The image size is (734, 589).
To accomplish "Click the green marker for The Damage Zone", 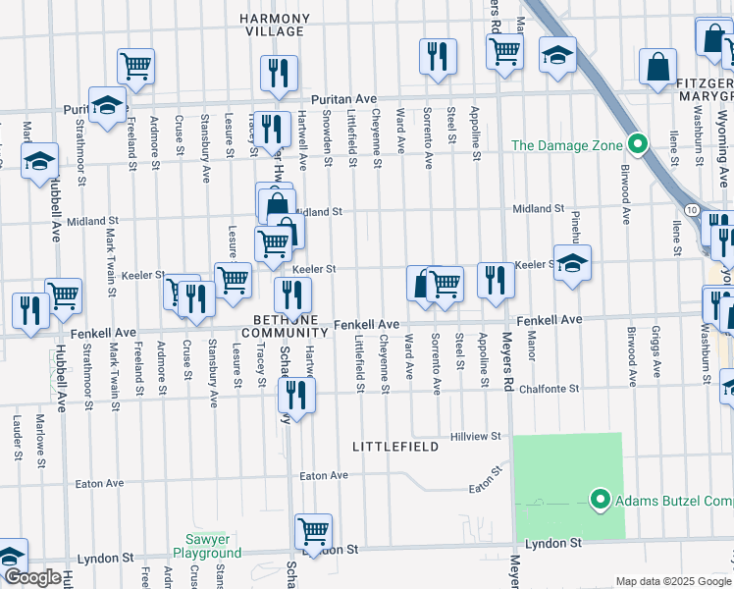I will [637, 146].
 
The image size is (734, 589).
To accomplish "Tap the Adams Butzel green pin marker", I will [601, 502].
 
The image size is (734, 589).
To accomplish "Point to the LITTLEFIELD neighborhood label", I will [393, 447].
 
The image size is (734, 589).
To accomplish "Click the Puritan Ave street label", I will [344, 99].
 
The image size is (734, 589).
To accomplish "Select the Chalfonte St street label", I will [579, 390].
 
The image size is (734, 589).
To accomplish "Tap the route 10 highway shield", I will [692, 211].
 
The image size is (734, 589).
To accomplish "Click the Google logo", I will [32, 577].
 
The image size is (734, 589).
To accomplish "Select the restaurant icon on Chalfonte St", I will [293, 394].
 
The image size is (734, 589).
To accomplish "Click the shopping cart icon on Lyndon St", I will [313, 531].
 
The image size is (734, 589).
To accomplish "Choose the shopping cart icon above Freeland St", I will [135, 66].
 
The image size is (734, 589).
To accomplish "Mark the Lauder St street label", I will [18, 437].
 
